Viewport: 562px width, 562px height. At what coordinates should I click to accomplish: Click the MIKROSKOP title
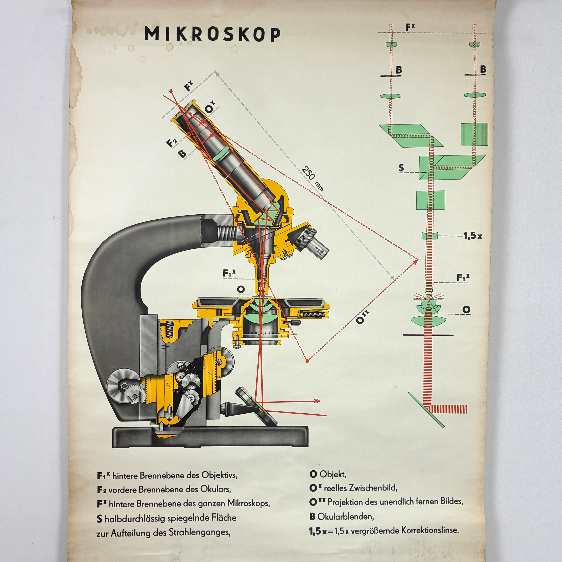coord(212,34)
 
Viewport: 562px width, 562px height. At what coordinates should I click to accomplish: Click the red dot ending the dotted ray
coord(307,361)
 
